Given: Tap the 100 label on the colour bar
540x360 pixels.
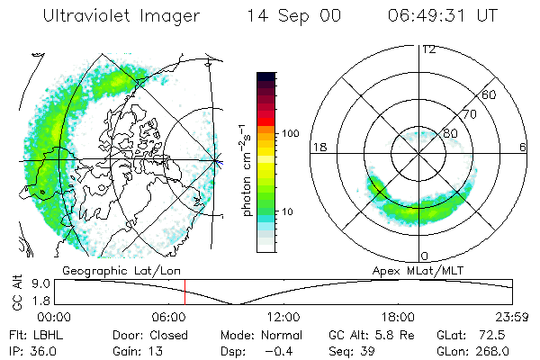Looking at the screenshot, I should [291, 133].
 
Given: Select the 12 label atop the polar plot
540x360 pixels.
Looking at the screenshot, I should [428, 49].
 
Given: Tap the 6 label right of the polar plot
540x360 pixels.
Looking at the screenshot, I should [523, 147].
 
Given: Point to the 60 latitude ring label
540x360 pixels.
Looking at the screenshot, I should [489, 94].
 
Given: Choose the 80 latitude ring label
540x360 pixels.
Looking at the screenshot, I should [449, 134].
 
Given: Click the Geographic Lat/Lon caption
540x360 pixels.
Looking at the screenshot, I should [111, 269].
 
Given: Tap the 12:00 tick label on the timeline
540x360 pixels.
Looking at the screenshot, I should [284, 317].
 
